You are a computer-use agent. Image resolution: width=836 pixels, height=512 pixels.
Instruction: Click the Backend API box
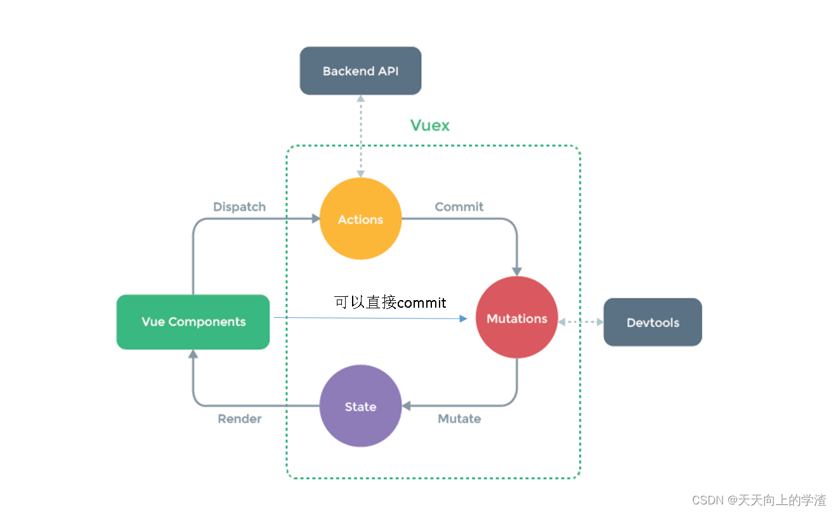(x=360, y=71)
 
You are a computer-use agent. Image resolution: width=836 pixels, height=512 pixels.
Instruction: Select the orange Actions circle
(x=360, y=219)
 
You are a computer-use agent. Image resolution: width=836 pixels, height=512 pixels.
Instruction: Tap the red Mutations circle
(x=516, y=318)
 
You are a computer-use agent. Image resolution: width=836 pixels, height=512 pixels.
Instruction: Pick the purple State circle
(x=360, y=406)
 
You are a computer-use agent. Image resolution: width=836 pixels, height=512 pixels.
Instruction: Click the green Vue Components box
(x=193, y=322)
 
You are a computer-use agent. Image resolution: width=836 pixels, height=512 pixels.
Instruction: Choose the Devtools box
(x=653, y=322)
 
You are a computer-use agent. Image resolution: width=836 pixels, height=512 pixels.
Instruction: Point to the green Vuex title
(x=429, y=125)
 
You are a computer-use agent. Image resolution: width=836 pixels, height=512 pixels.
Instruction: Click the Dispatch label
(x=239, y=207)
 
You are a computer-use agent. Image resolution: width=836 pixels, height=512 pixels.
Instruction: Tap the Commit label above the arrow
(x=459, y=207)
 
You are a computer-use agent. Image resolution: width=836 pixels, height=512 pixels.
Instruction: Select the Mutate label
(x=459, y=419)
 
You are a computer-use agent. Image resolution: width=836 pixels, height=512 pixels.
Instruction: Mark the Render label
(x=239, y=419)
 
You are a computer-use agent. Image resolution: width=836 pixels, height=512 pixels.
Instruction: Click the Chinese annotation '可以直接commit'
(x=390, y=302)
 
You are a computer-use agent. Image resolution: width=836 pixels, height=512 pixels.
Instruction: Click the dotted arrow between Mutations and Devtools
(x=580, y=322)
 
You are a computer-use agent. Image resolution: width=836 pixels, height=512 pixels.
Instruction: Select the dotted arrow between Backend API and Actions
(x=360, y=136)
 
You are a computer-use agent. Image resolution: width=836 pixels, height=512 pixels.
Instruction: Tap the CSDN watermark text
(x=759, y=500)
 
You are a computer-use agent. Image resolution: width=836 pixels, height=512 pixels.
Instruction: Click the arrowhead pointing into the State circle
(x=407, y=406)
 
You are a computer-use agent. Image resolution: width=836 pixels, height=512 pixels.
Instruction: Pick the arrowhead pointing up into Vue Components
(x=193, y=354)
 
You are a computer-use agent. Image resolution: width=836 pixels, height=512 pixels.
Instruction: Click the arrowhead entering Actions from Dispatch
(x=315, y=219)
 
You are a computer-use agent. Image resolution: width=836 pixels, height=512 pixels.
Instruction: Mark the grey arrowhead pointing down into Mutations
(x=516, y=272)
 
